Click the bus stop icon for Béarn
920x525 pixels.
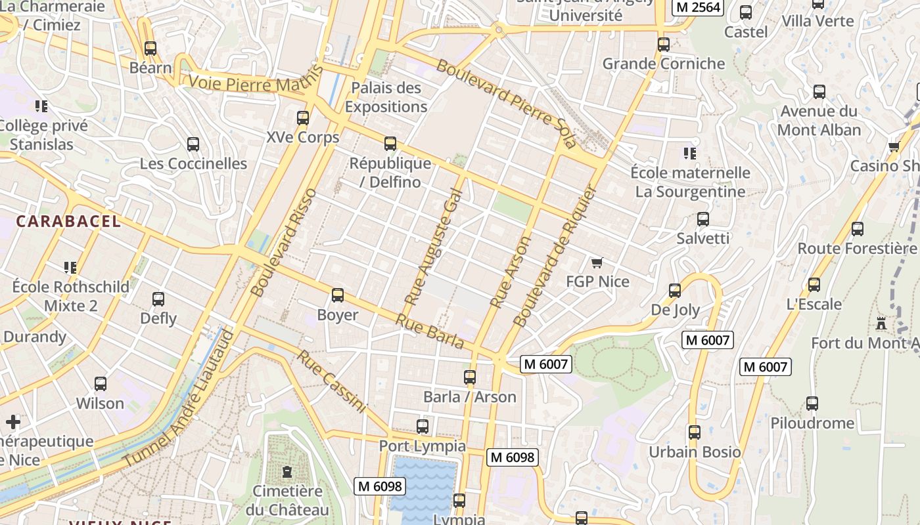pyautogui.click(x=150, y=48)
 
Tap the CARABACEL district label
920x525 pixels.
pyautogui.click(x=68, y=221)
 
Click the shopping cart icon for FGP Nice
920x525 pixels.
pyautogui.click(x=597, y=263)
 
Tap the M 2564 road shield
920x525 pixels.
pyautogui.click(x=698, y=7)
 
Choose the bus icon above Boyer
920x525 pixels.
pyautogui.click(x=338, y=295)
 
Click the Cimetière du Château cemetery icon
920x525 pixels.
pyautogui.click(x=287, y=472)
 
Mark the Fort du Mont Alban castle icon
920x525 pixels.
pyautogui.click(x=881, y=324)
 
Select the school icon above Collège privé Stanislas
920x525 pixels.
pyautogui.click(x=41, y=106)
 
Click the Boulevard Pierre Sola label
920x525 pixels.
pyautogui.click(x=506, y=104)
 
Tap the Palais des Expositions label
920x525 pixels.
pyautogui.click(x=386, y=97)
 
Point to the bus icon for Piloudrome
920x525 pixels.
pyautogui.click(x=812, y=404)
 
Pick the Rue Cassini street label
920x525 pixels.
pyautogui.click(x=331, y=381)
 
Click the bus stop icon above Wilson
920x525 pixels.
pyautogui.click(x=101, y=384)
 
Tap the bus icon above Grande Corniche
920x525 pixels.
pyautogui.click(x=664, y=45)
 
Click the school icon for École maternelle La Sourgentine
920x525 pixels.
pyautogui.click(x=689, y=154)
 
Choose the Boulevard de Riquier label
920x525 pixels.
pyautogui.click(x=555, y=256)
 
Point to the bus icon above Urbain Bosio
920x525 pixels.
pyautogui.click(x=695, y=432)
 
